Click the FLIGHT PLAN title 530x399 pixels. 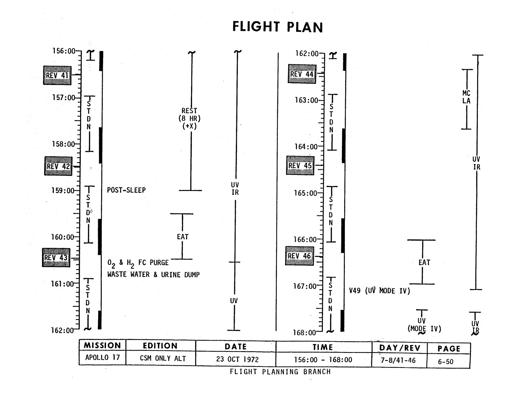click(278, 27)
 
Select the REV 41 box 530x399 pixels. click(57, 75)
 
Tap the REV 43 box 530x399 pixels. click(56, 258)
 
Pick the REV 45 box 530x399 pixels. click(300, 165)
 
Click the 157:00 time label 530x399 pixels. click(63, 98)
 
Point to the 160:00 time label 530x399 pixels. click(63, 237)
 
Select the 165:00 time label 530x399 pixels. click(306, 193)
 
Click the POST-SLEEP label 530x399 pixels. click(126, 190)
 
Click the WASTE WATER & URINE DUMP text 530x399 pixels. click(154, 275)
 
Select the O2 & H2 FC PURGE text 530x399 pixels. click(138, 263)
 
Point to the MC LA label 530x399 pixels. click(466, 97)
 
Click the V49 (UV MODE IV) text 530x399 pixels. click(379, 291)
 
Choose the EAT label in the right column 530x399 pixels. click(424, 262)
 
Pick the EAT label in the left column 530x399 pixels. click(183, 237)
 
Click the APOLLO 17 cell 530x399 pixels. click(102, 357)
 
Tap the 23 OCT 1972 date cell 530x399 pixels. click(237, 359)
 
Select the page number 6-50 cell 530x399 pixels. click(445, 362)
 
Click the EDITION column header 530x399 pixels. click(160, 346)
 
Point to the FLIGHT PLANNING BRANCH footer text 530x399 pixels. click(280, 371)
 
